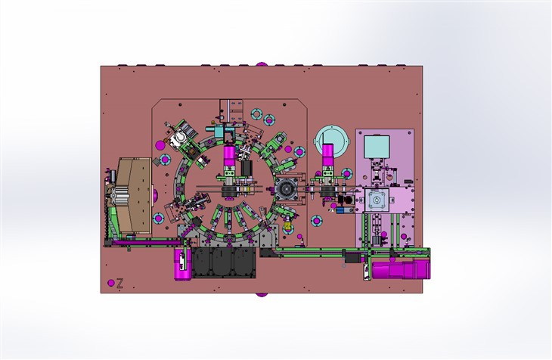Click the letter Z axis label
[x=119, y=284]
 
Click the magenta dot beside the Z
[x=111, y=284]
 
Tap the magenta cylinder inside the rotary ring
[x=229, y=161]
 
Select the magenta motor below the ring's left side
[x=182, y=264]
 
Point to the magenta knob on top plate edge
[x=262, y=65]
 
